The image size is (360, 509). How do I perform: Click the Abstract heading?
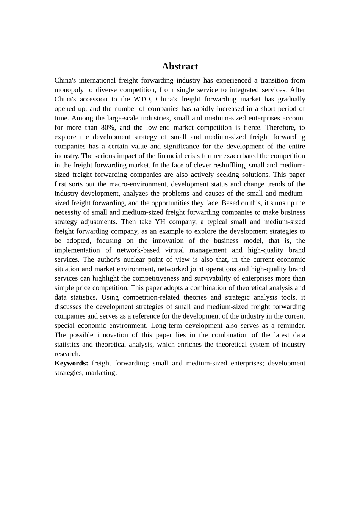point(180,66)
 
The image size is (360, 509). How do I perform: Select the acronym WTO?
point(142,99)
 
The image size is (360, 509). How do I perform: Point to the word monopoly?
point(69,90)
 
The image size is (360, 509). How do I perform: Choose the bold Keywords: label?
point(71,363)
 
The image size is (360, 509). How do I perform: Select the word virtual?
point(174,250)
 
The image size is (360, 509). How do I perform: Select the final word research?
point(67,354)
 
